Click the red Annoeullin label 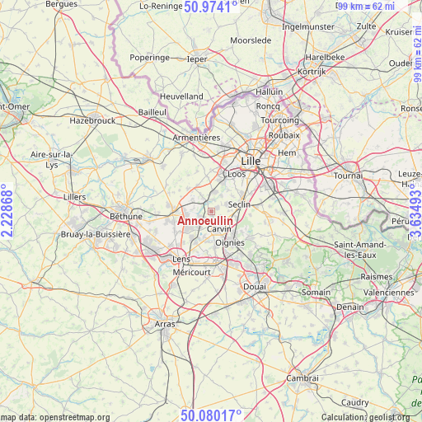[x=205, y=222]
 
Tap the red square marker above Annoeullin [x=210, y=211]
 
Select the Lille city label [x=251, y=162]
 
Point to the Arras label [x=165, y=325]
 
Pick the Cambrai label [x=302, y=377]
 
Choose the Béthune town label [x=126, y=217]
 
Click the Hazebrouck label [x=91, y=120]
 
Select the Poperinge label [x=149, y=59]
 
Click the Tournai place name [x=349, y=176]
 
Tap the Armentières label [x=196, y=138]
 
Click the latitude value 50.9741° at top [x=211, y=7]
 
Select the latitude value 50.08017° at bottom [x=211, y=415]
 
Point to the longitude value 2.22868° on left [x=7, y=211]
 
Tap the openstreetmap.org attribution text [x=54, y=417]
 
